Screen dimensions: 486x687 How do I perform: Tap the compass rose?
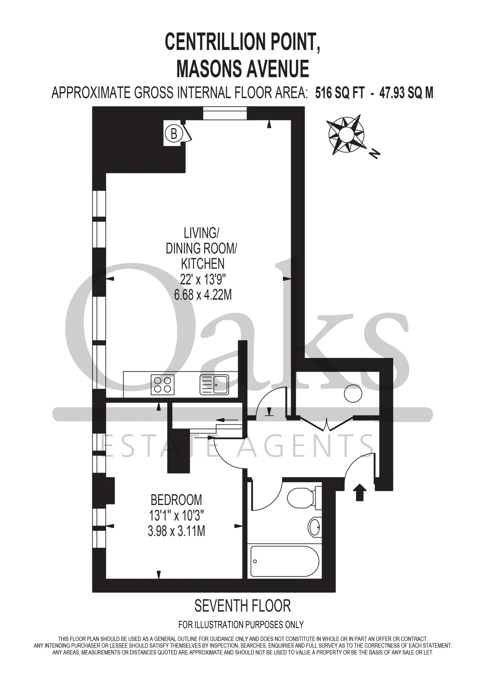point(346,135)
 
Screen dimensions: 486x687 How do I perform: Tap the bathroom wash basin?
point(315,527)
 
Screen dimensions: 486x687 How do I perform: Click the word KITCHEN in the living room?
point(203,264)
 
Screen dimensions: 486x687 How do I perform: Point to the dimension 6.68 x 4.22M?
point(203,295)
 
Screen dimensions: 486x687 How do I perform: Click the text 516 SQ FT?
point(340,93)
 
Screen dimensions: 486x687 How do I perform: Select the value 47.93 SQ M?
point(406,93)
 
